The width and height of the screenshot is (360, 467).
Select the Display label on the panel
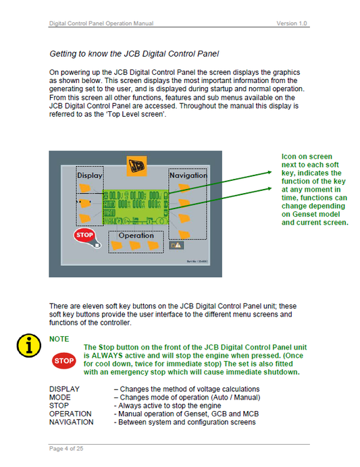pyautogui.click(x=89, y=175)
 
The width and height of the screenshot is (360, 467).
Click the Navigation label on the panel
pyautogui.click(x=188, y=175)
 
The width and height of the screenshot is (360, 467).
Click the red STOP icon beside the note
pyautogui.click(x=63, y=360)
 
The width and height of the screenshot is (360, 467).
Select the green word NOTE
pyautogui.click(x=59, y=338)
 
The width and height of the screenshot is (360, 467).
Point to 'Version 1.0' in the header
pyautogui.click(x=292, y=24)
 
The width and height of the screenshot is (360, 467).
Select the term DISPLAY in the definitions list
pyautogui.click(x=64, y=389)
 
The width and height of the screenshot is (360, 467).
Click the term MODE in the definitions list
pyautogui.click(x=59, y=397)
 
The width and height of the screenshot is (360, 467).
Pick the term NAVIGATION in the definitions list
pyautogui.click(x=71, y=422)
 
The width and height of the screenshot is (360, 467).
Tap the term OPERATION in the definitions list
pyautogui.click(x=70, y=414)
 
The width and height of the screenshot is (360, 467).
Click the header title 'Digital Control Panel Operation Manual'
pyautogui.click(x=101, y=24)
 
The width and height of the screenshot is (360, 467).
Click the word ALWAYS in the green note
pyautogui.click(x=105, y=354)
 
